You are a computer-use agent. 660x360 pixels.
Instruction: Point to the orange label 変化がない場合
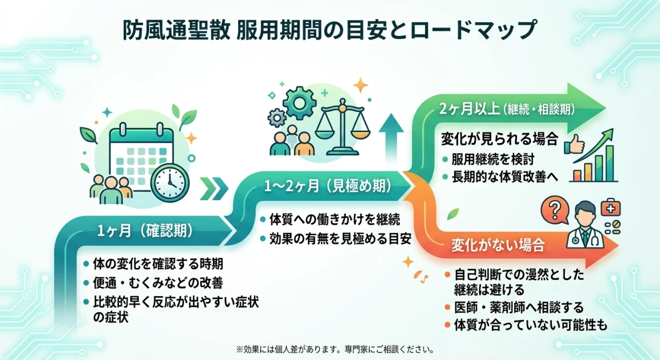[498, 245]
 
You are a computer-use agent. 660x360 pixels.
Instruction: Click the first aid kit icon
[609, 208]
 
